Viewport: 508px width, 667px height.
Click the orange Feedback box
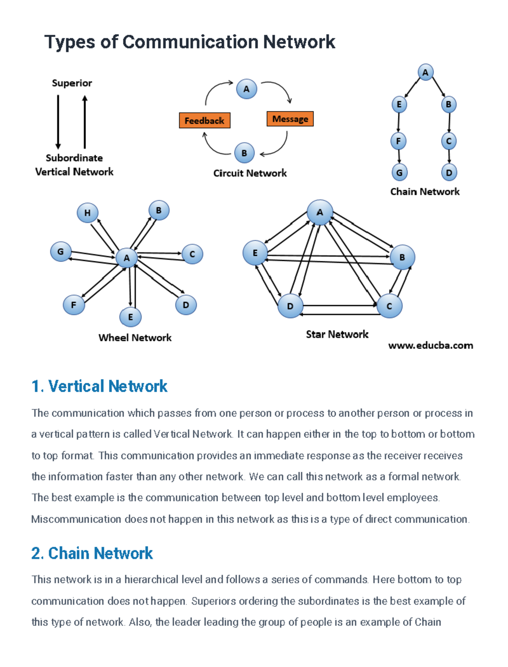tap(204, 121)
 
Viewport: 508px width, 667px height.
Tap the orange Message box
tap(290, 119)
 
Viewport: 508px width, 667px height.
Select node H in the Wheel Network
tap(87, 213)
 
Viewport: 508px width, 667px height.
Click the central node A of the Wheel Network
tap(126, 257)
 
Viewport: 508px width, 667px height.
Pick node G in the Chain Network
tap(399, 172)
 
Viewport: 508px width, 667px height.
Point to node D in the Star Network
tap(290, 306)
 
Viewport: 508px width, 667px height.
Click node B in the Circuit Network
tap(244, 153)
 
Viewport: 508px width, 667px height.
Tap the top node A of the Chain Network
tap(425, 72)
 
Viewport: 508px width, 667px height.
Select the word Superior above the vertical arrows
tap(72, 83)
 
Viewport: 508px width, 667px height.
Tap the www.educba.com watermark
tap(430, 346)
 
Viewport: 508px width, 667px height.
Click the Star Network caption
tap(337, 335)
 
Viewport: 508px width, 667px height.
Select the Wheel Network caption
tap(135, 338)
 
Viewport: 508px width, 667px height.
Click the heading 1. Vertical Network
tap(99, 386)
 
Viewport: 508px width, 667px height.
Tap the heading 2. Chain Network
tap(92, 553)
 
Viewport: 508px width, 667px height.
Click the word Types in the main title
tap(69, 42)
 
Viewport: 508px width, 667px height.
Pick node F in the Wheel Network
tap(74, 305)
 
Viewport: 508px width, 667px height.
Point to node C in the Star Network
tap(389, 306)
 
